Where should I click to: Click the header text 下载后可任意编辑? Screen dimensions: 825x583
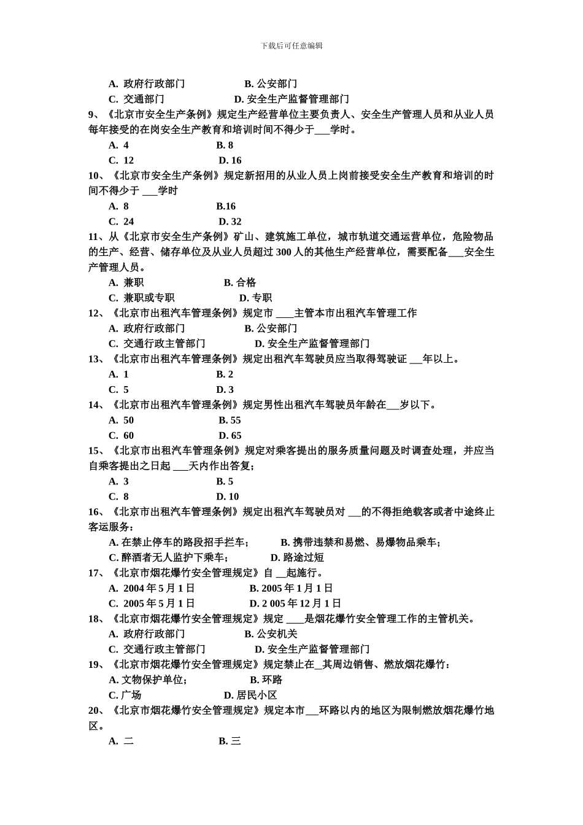pos(291,46)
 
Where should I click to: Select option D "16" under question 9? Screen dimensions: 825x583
pos(230,160)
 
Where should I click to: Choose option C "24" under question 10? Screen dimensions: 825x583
pos(122,222)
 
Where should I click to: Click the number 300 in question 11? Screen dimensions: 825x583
pos(284,252)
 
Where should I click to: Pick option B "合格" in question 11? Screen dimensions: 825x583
pos(240,282)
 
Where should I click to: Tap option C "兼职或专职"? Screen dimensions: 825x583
pos(142,298)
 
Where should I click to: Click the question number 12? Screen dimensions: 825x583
pos(95,313)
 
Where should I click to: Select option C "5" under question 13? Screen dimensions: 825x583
pos(119,389)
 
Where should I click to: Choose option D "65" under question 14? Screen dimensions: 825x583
pos(230,435)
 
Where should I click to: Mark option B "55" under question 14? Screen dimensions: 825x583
pos(230,420)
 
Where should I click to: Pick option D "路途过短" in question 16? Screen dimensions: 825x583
pos(297,557)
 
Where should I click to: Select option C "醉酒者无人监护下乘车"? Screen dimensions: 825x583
pos(169,557)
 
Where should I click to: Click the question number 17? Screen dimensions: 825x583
pos(95,573)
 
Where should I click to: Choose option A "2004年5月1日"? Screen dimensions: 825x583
pos(152,588)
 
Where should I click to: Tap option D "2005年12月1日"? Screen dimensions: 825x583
pos(295,603)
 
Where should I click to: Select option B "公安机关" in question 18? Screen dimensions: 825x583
pos(271,634)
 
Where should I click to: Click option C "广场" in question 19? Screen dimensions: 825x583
pos(125,695)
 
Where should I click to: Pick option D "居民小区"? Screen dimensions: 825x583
pos(250,695)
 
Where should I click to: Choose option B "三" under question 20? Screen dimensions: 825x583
pos(230,741)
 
